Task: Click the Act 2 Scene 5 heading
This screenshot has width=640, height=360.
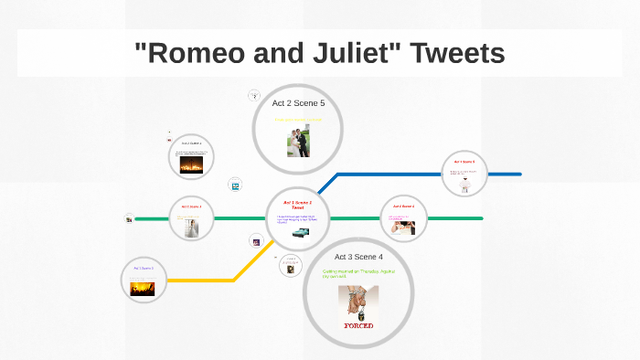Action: [x=298, y=103]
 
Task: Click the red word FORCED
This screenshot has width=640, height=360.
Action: [x=358, y=324]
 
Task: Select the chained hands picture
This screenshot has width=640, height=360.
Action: [x=357, y=302]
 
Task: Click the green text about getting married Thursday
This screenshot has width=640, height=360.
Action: [x=357, y=273]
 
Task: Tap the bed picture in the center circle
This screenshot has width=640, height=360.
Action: [x=300, y=232]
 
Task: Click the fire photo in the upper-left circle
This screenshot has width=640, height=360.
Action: [x=192, y=166]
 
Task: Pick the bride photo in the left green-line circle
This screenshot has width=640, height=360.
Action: [x=191, y=228]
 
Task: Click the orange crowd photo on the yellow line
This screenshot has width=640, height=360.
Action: [x=144, y=288]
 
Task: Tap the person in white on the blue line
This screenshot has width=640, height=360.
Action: [x=464, y=185]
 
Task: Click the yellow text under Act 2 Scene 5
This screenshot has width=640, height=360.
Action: [x=298, y=120]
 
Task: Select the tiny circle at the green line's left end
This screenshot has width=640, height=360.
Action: [x=129, y=218]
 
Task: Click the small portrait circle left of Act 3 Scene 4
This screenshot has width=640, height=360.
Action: [x=290, y=268]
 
